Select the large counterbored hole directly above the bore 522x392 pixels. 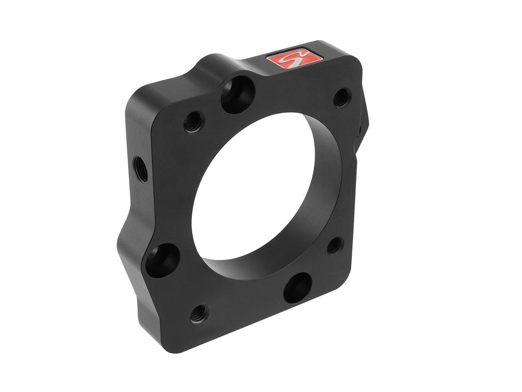click(x=238, y=95)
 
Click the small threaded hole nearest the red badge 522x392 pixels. click(x=342, y=98)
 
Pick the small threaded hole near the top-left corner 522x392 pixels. click(x=194, y=122)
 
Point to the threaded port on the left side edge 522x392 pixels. click(x=140, y=169)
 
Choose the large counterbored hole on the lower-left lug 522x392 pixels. click(x=162, y=260)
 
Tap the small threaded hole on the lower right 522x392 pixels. click(x=335, y=246)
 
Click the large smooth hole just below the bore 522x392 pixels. click(x=298, y=287)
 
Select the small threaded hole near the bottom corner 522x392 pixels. click(x=199, y=314)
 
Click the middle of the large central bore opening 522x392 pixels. click(x=254, y=189)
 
